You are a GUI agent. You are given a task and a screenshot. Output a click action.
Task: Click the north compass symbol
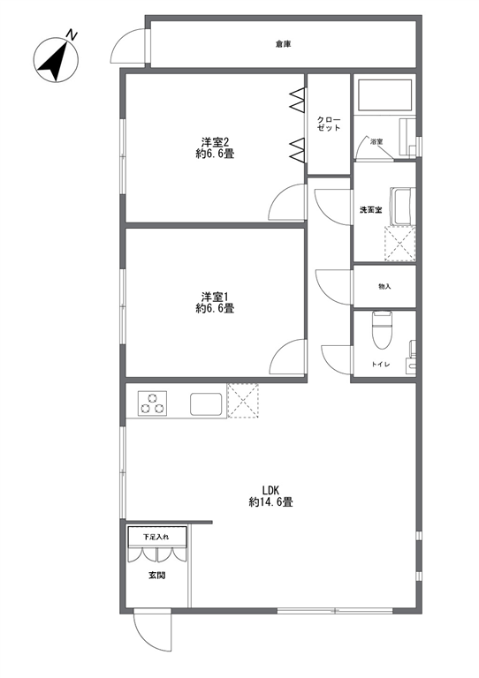pos(56,59)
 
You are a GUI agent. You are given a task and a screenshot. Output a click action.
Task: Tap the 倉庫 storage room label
pos(283,43)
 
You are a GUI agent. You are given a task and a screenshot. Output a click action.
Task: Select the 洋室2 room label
pos(215,142)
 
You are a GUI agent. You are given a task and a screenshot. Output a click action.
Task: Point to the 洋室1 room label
pos(215,297)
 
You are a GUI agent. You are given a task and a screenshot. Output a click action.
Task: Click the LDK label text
pos(271,490)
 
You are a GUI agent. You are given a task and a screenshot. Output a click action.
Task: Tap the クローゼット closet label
pos(329,124)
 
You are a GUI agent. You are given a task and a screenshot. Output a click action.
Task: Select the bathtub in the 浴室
pos(383,94)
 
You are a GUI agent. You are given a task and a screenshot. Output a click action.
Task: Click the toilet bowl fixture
pos(382,330)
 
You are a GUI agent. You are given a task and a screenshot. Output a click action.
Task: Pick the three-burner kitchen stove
pos(153,403)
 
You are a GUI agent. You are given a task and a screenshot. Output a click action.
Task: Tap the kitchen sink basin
pos(206,404)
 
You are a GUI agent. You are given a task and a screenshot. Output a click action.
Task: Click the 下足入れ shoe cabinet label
pos(156,537)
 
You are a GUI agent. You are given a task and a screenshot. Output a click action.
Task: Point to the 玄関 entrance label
pos(157,576)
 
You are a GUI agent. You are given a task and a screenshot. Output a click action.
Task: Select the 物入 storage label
pos(384,286)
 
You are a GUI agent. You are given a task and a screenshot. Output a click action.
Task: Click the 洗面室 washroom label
pos(371,210)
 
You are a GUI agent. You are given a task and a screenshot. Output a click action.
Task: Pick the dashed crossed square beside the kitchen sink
pos(243,401)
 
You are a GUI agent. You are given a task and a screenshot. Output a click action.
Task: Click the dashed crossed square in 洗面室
pos(399,244)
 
